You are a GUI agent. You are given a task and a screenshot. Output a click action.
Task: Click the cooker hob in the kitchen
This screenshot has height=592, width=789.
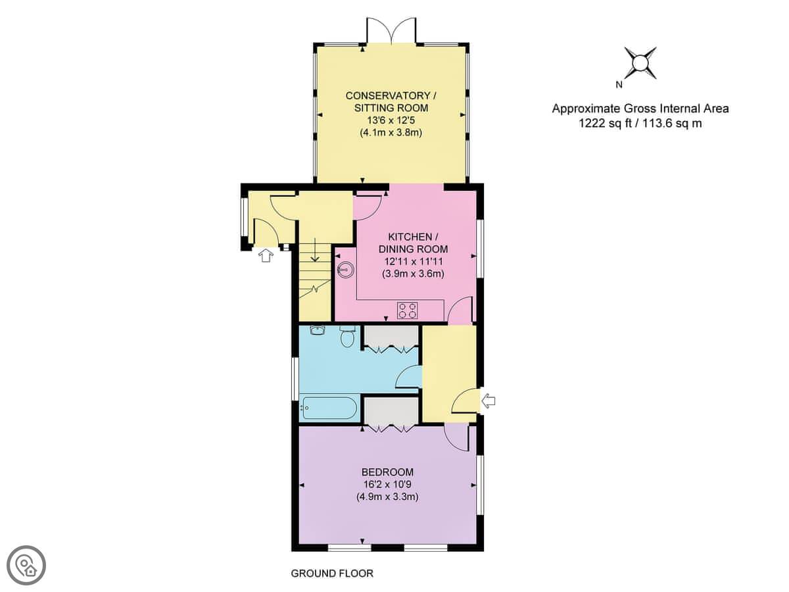407,310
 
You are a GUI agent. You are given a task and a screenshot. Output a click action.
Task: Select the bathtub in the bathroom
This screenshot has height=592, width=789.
329,408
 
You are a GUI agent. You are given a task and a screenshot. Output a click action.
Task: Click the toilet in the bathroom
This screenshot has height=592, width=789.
348,336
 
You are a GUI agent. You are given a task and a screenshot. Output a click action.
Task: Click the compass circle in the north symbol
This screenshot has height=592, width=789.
640,63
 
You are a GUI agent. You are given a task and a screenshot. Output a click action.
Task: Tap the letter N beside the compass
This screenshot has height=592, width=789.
619,85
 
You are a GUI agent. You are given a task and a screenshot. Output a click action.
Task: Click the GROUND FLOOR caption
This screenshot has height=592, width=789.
332,574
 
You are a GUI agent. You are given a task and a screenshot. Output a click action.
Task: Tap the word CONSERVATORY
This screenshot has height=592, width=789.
387,95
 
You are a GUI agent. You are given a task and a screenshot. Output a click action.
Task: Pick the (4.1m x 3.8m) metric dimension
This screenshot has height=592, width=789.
391,133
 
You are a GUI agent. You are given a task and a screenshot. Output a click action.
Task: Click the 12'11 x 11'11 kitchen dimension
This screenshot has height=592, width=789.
413,261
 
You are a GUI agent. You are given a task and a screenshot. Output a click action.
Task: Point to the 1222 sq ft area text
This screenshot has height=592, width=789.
605,124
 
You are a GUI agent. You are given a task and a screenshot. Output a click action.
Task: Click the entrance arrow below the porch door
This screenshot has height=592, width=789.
266,256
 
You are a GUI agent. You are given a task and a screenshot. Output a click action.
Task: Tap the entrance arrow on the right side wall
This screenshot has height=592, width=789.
488,401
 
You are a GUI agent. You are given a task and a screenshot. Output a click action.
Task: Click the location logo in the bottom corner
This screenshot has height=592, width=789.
26,566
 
